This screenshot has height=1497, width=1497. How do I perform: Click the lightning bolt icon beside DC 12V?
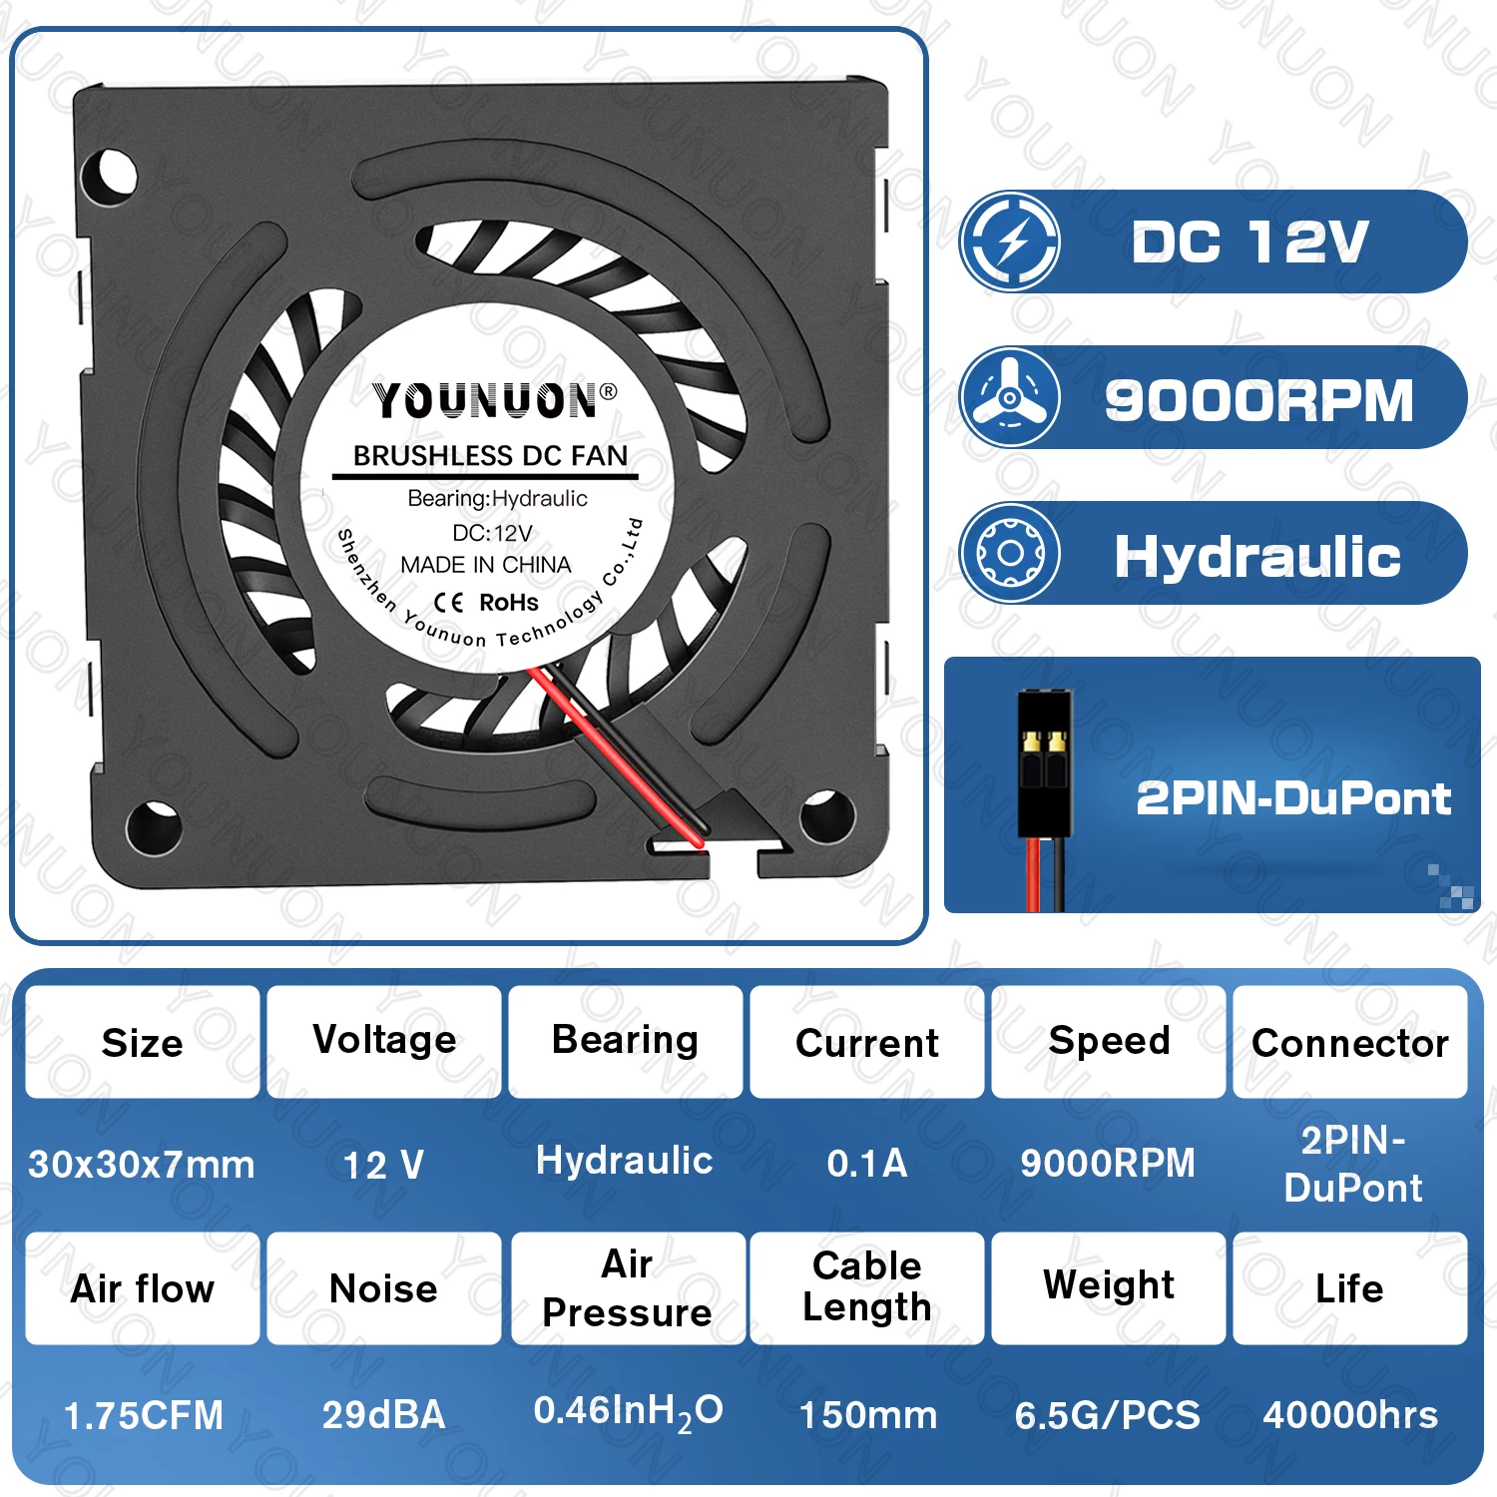tap(1010, 242)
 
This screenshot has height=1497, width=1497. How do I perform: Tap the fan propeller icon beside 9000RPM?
tap(1010, 397)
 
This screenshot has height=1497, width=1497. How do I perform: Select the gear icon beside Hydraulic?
tap(1010, 553)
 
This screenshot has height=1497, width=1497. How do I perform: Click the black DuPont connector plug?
tap(1045, 763)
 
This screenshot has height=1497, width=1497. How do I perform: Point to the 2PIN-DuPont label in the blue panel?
tap(1293, 798)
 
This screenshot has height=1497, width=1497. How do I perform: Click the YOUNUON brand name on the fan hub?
tap(486, 400)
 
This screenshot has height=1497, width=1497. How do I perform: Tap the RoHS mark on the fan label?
tap(509, 603)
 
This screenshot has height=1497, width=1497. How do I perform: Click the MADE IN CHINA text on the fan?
tap(486, 565)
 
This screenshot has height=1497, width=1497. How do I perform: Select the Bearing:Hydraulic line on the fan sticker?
tap(497, 498)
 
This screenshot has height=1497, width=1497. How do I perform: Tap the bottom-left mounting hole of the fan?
tap(153, 826)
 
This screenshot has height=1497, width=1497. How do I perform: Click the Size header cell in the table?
tap(143, 1042)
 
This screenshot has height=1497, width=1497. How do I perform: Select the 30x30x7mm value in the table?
tap(142, 1165)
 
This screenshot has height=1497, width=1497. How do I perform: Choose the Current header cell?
tap(867, 1042)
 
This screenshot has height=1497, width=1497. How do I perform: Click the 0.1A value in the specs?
tap(867, 1164)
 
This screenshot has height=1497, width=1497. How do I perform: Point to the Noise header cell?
tap(384, 1288)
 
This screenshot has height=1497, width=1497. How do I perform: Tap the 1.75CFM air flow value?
tap(144, 1415)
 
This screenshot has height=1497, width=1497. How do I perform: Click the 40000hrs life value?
tap(1350, 1415)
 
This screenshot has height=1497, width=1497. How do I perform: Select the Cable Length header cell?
tap(867, 1288)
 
